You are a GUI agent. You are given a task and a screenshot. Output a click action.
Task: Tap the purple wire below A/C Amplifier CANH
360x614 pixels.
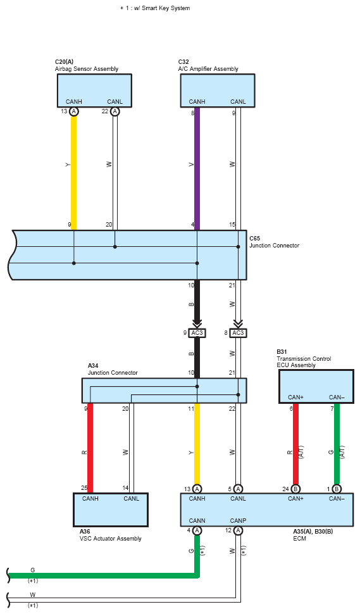[x=197, y=168]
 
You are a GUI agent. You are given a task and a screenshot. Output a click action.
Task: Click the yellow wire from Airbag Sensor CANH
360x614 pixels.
[x=73, y=168]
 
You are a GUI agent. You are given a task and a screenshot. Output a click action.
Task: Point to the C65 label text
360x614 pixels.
[x=254, y=239]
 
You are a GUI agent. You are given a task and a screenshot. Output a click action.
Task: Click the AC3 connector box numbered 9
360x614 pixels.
[x=197, y=333]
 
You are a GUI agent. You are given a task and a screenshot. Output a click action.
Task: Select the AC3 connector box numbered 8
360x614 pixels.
[x=238, y=333]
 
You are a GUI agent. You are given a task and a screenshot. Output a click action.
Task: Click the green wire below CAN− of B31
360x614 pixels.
[x=337, y=446]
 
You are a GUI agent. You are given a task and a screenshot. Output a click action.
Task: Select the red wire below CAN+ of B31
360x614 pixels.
[x=295, y=446]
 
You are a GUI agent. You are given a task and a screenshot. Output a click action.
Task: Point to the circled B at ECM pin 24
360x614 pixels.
[x=295, y=489]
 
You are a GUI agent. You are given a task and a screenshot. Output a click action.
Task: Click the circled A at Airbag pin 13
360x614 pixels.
[x=74, y=111]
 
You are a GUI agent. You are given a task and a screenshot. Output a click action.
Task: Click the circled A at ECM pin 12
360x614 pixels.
[x=238, y=530]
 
